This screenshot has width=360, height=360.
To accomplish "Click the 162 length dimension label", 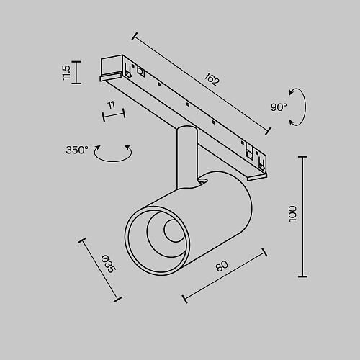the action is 212,79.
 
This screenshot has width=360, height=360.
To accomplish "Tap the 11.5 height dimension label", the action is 66,73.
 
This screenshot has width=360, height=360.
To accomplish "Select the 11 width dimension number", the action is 112,105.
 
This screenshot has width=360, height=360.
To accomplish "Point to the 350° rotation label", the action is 77,150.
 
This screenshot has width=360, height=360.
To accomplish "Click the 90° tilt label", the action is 279,107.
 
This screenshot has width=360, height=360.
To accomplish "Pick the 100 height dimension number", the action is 292,213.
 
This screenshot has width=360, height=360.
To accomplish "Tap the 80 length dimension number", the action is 222,266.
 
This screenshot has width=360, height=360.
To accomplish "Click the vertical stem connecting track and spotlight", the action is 187,157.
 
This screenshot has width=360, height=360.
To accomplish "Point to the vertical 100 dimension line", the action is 302,217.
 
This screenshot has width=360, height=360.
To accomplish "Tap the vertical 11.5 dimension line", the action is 77,73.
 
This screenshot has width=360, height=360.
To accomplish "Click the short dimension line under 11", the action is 114,115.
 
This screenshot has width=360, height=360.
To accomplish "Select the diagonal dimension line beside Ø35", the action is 100,270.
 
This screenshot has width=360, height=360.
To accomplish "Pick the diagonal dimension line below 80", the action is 225,276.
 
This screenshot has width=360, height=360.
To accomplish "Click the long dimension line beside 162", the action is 202,84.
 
